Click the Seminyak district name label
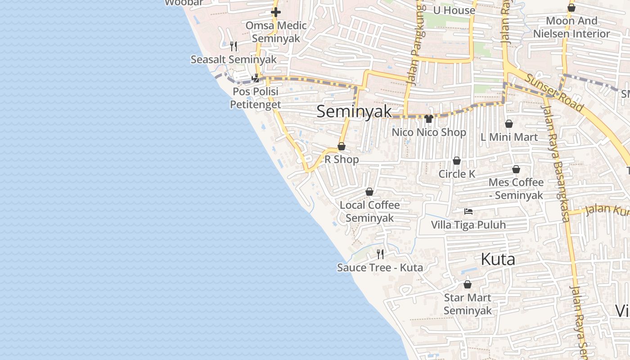click(354, 112)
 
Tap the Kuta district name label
click(498, 259)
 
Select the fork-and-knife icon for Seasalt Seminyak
click(233, 46)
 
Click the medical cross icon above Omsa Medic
click(276, 12)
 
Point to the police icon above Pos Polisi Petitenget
click(256, 78)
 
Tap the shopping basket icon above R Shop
click(342, 146)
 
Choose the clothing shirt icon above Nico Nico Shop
click(428, 119)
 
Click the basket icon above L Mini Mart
click(509, 124)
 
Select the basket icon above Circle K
click(457, 161)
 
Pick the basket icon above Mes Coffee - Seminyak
click(516, 169)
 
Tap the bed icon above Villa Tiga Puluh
click(468, 211)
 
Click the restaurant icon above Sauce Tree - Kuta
click(380, 254)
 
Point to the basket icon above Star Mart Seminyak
click(468, 284)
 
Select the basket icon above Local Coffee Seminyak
click(369, 192)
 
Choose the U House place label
click(454, 10)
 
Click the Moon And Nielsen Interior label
click(571, 27)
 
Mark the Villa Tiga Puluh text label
click(468, 225)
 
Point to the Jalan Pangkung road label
click(416, 45)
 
